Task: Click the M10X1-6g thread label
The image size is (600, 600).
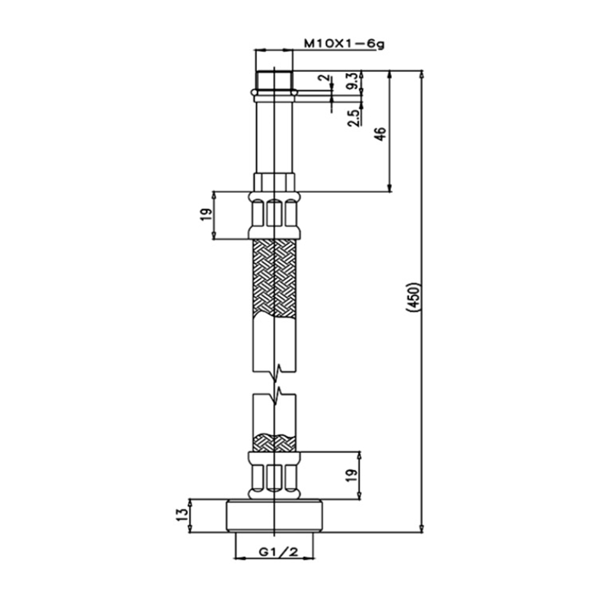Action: coord(344,44)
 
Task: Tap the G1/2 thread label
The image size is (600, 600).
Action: coord(278,552)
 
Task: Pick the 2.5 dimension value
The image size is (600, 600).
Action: coord(354,118)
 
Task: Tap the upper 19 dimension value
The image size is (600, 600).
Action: coord(205,215)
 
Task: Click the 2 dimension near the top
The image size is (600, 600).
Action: coord(325,78)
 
